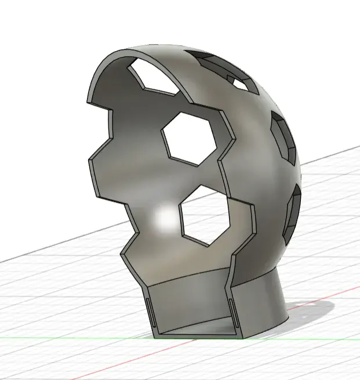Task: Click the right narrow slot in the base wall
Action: coord(232,314)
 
